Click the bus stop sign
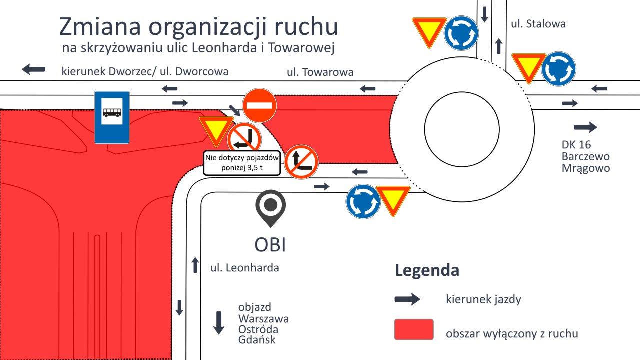112,117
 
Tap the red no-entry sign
259,105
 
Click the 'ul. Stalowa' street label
538,24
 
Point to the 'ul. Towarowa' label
320,72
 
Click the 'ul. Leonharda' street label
245,268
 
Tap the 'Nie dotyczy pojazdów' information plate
242,163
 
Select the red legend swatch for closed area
414,329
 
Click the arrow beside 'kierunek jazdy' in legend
407,299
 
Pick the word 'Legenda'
427,270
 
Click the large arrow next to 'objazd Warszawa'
219,323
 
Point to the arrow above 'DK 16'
585,127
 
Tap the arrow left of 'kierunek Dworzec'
33,69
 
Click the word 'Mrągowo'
586,168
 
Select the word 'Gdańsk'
257,340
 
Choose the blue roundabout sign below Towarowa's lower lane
363,201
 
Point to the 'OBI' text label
270,245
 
